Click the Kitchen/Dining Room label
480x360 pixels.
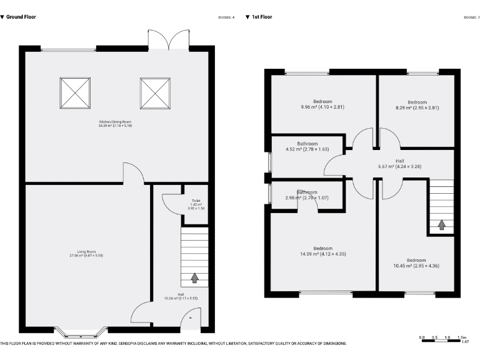click(x=114, y=123)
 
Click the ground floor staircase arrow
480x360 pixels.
click(x=194, y=277)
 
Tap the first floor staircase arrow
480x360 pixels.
click(x=442, y=224)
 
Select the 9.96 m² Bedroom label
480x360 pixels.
click(x=322, y=104)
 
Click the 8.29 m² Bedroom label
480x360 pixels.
click(x=417, y=104)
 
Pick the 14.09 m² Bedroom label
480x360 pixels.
click(x=322, y=251)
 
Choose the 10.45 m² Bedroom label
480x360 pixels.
click(x=417, y=263)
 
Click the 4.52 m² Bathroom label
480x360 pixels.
click(x=307, y=146)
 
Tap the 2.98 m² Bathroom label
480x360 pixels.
click(x=307, y=195)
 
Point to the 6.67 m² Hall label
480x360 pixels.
click(x=399, y=164)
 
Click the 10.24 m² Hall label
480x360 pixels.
click(x=181, y=296)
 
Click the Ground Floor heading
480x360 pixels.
click(x=21, y=17)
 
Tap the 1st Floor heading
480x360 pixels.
click(x=262, y=17)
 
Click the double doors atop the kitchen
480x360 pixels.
click(x=169, y=39)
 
